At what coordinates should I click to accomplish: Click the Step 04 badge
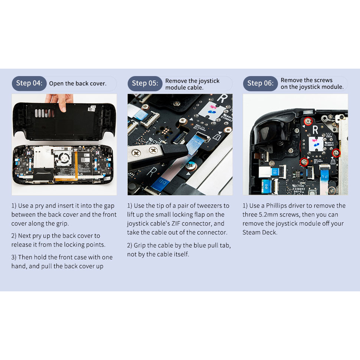tap(29, 84)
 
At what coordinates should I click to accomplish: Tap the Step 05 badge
tap(145, 84)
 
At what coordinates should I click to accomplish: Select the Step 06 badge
tap(261, 84)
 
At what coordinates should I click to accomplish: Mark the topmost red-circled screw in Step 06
tap(308, 121)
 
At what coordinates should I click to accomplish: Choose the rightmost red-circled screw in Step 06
tap(336, 153)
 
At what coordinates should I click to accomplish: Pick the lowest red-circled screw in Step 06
tap(304, 162)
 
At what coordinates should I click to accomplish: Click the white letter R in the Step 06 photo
tap(315, 130)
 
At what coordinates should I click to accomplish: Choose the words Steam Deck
tap(259, 232)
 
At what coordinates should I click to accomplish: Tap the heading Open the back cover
tap(78, 84)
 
